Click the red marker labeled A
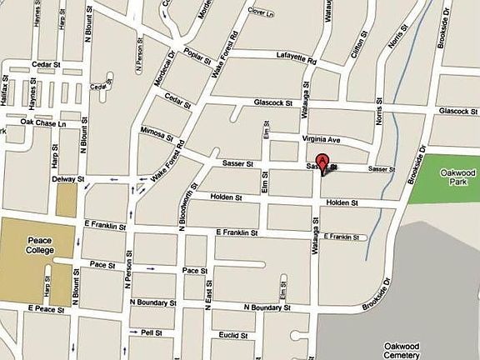pos(322,162)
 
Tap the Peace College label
pos(36,246)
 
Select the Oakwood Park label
pos(453,176)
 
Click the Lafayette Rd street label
pos(297,57)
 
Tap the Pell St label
pos(151,332)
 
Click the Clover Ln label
pos(261,12)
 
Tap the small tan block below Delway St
pos(67,200)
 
